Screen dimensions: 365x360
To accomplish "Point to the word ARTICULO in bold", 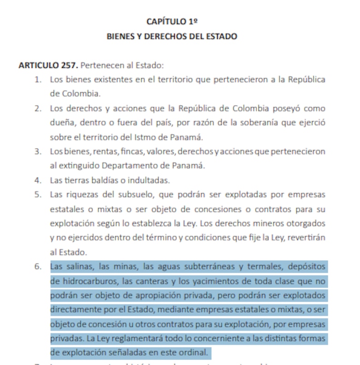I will click(x=38, y=65).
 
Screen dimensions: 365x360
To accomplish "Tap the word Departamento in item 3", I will click(x=127, y=166).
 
